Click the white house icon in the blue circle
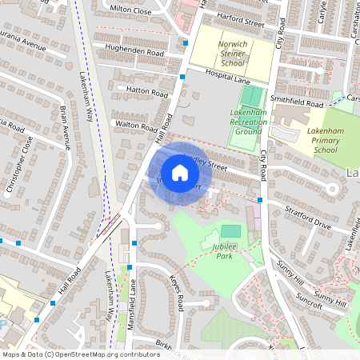[180, 173]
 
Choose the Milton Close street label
[130, 10]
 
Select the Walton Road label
[137, 126]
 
